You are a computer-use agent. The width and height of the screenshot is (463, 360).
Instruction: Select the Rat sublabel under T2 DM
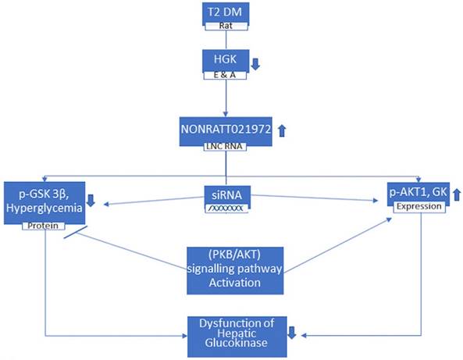coord(226,25)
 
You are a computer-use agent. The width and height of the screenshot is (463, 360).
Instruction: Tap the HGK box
coord(226,59)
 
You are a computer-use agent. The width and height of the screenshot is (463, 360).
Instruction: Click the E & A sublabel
coord(226,76)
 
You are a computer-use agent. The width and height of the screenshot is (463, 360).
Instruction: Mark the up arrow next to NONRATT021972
coord(283,132)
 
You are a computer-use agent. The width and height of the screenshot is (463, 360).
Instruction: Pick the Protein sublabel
coord(40,226)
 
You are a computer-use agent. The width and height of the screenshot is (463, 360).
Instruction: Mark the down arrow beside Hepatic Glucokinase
coord(291,332)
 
